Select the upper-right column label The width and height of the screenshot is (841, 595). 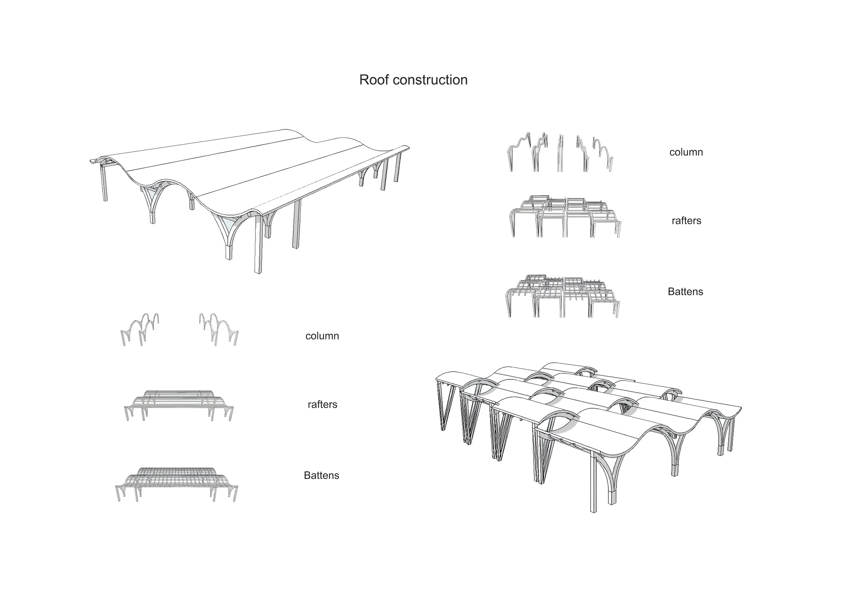tap(686, 152)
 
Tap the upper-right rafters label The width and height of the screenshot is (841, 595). tap(686, 220)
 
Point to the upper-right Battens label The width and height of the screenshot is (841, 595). tap(685, 292)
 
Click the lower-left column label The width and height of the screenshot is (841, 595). tap(322, 336)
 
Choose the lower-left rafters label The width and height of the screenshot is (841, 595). tap(322, 405)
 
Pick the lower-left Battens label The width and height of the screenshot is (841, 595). tap(321, 476)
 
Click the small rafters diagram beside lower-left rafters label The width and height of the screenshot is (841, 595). tap(179, 405)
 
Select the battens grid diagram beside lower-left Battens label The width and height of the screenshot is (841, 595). tap(177, 484)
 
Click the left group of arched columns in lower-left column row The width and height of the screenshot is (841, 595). tap(140, 329)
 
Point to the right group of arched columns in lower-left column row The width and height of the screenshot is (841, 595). tap(218, 329)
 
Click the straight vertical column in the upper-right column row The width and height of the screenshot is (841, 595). tap(560, 153)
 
